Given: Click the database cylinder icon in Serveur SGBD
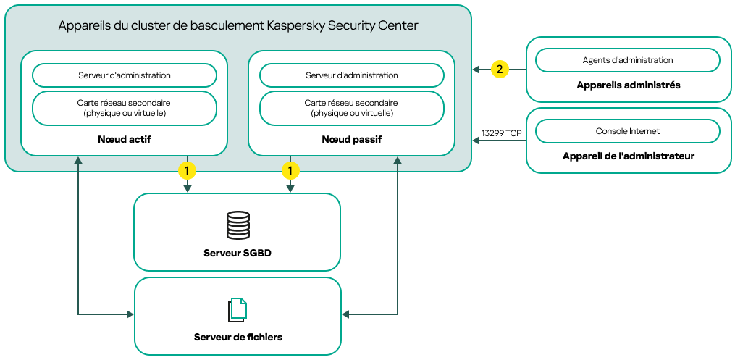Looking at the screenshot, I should (x=238, y=225).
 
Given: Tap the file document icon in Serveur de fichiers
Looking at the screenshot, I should (x=238, y=310).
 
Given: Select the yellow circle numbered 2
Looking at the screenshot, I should (x=499, y=69).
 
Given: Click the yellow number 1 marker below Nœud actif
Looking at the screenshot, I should (x=188, y=171).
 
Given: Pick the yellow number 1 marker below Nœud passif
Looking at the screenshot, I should (x=290, y=171).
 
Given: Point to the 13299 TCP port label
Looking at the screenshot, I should (x=501, y=133).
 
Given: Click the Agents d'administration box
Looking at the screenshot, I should (x=627, y=60).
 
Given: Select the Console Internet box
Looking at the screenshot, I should (x=627, y=131).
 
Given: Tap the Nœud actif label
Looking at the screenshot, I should (x=124, y=138).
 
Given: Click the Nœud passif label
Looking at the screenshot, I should (x=351, y=138).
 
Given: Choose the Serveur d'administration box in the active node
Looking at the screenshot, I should (x=125, y=75).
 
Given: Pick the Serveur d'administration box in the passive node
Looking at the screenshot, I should (x=351, y=75).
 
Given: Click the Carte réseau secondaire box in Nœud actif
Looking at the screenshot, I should (x=125, y=108).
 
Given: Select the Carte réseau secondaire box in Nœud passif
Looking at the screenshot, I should (x=351, y=108).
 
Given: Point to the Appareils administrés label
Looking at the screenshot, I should (x=628, y=85).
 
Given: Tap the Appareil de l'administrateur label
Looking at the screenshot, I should (x=628, y=156).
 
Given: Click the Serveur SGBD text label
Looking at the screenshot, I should (x=238, y=253).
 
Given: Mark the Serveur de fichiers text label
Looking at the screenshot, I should (x=238, y=337).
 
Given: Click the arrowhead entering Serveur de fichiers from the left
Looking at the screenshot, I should (x=131, y=314).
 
